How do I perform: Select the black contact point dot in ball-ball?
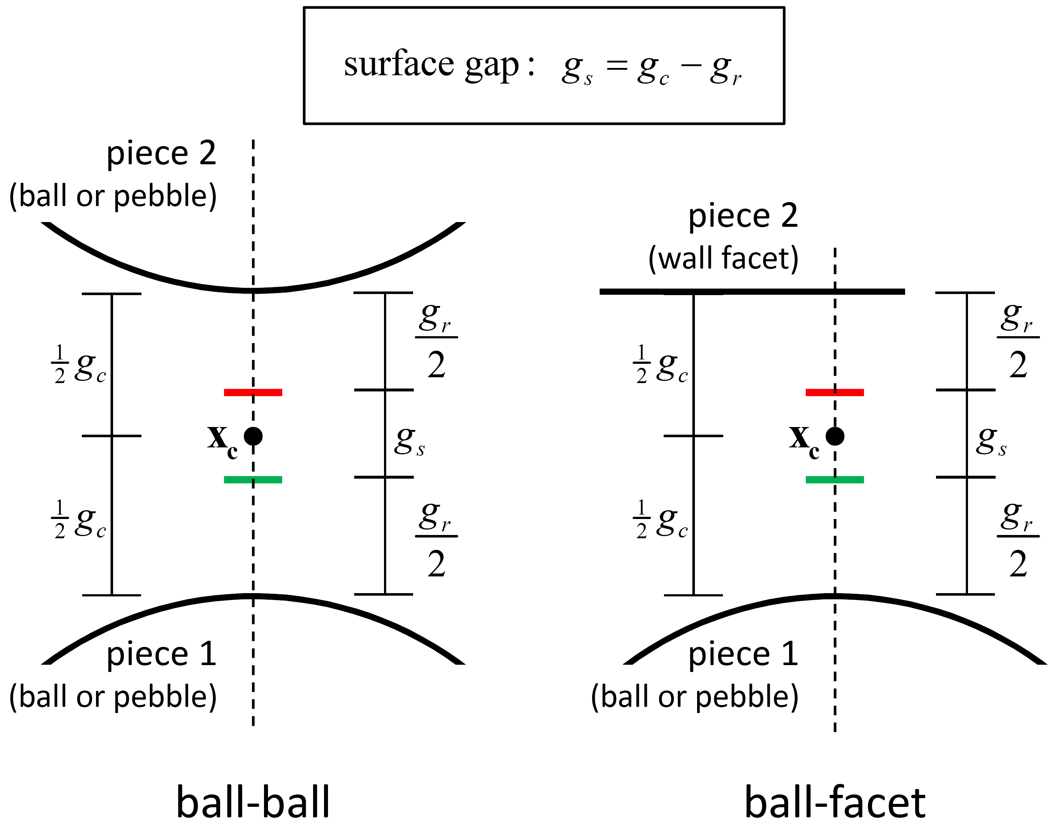coord(253,436)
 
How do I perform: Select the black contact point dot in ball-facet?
coord(835,436)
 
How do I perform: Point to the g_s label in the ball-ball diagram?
coord(409,441)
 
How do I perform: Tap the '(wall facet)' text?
coord(723,258)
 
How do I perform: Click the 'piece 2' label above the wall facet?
coord(743,216)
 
